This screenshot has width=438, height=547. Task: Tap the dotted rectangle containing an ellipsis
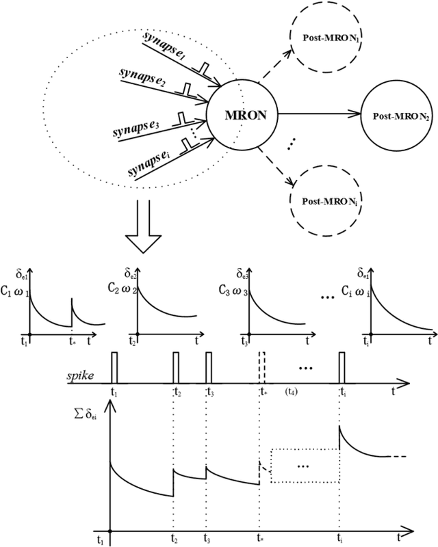304,466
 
